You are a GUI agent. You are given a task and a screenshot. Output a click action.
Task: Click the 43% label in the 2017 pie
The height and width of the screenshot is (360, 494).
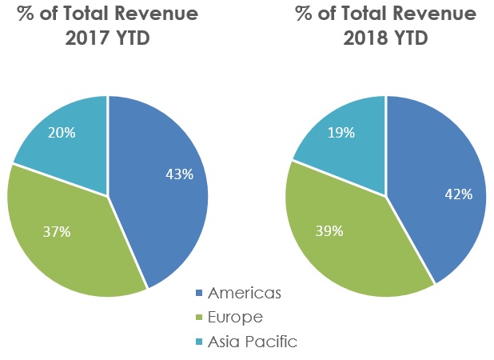click(180, 174)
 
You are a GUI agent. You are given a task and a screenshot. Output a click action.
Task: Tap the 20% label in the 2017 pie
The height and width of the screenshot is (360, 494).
click(62, 133)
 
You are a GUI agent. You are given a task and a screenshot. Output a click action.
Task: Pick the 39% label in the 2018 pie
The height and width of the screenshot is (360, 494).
click(330, 231)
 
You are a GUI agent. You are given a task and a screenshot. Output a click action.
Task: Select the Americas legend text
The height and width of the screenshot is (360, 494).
click(244, 294)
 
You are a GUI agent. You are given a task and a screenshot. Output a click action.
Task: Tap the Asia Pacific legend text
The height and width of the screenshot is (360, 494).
click(252, 342)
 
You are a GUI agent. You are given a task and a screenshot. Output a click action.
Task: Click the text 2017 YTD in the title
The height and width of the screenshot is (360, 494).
click(108, 39)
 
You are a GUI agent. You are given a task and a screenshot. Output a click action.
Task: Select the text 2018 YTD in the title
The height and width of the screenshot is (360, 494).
click(385, 39)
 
